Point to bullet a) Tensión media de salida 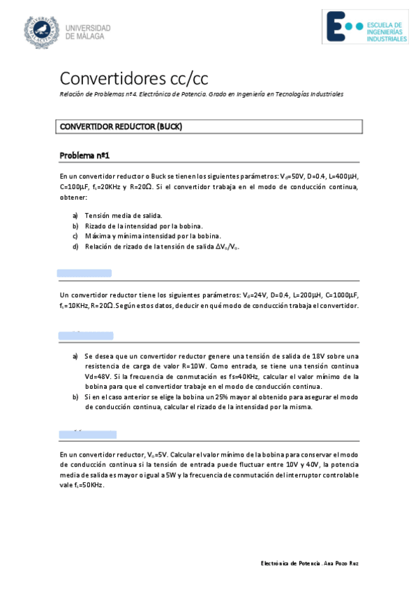[124, 216]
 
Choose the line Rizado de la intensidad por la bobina [144, 225]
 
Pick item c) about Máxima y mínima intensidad [142, 236]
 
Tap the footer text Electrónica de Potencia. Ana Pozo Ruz [310, 563]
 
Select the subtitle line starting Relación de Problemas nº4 [202, 94]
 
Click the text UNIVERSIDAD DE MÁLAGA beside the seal [88, 31]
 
